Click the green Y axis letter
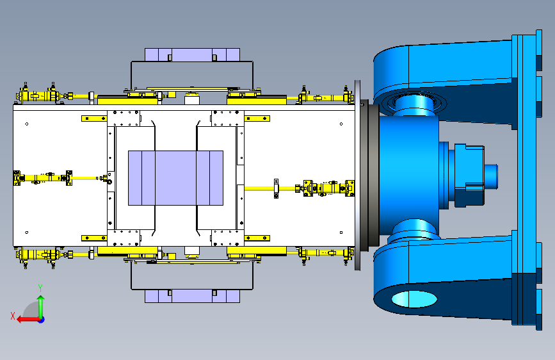40,288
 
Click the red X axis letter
13,316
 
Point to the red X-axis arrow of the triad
29,320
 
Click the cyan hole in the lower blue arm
414,299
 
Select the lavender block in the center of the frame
175,178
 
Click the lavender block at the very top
192,55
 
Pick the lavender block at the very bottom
192,296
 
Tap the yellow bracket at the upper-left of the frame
94,119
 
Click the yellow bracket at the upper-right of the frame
257,119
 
